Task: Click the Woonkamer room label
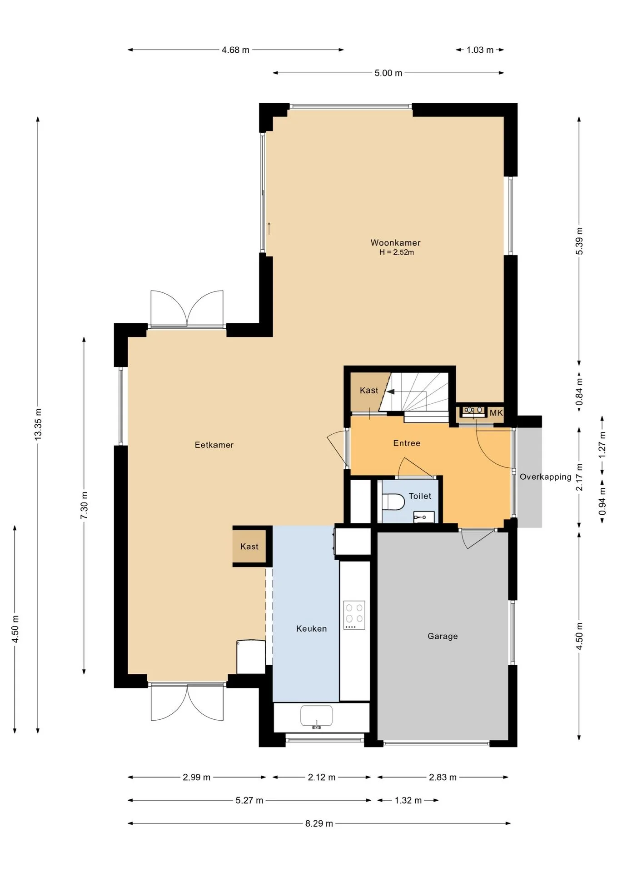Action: pyautogui.click(x=395, y=243)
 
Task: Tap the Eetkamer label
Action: pyautogui.click(x=214, y=445)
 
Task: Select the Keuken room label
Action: pyautogui.click(x=311, y=629)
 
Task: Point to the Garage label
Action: pyautogui.click(x=443, y=637)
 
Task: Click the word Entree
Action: pyautogui.click(x=407, y=443)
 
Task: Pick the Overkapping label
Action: pyautogui.click(x=545, y=477)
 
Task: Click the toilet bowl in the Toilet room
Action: pyautogui.click(x=393, y=502)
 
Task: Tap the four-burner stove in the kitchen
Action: pyautogui.click(x=354, y=615)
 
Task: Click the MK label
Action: pyautogui.click(x=496, y=413)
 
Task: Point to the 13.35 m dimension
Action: pyautogui.click(x=38, y=424)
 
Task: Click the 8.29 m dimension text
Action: pyautogui.click(x=319, y=823)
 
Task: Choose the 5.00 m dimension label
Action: pyautogui.click(x=388, y=73)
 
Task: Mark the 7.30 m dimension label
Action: pyautogui.click(x=85, y=505)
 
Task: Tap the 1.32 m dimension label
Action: pyautogui.click(x=408, y=800)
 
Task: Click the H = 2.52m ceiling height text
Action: pyautogui.click(x=397, y=252)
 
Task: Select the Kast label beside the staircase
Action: pyautogui.click(x=368, y=391)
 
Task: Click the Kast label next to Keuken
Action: pyautogui.click(x=249, y=547)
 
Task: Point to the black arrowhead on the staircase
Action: pyautogui.click(x=390, y=391)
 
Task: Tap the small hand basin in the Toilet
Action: pyautogui.click(x=423, y=517)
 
